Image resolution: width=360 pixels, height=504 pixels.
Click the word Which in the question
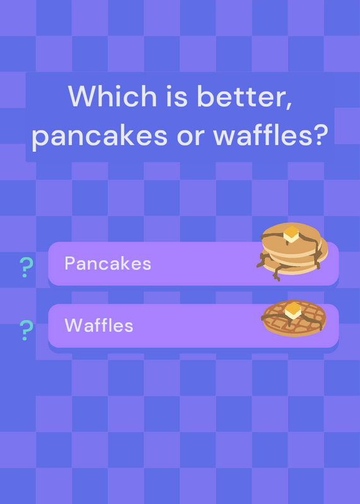tap(112, 96)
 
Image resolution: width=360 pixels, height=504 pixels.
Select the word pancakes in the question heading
tap(100, 135)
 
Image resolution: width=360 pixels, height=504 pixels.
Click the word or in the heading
tap(190, 137)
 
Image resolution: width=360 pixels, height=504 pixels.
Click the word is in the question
tap(177, 96)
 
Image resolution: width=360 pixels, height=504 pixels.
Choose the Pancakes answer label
tap(108, 263)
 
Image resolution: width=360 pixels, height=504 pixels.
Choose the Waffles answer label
tap(99, 325)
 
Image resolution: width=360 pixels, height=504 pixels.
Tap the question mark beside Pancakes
tap(26, 267)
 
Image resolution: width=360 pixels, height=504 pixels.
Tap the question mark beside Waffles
tap(26, 330)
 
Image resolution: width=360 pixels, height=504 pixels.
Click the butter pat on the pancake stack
tap(291, 234)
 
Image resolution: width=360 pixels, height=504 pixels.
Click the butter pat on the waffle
tap(293, 310)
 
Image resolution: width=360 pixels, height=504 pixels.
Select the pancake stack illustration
tap(292, 251)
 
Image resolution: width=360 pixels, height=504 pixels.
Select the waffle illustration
tap(294, 318)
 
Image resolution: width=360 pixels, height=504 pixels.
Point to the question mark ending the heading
tap(319, 134)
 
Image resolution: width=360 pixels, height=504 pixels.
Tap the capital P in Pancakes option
tap(70, 263)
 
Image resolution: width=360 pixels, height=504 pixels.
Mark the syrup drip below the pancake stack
tap(277, 274)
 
